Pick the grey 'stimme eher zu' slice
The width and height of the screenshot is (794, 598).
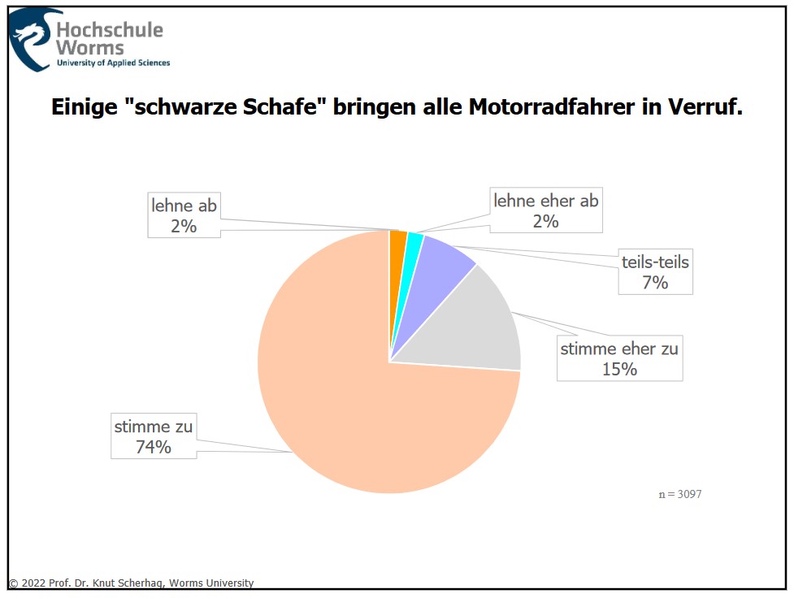pos(479,325)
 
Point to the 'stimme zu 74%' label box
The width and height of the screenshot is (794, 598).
pos(154,435)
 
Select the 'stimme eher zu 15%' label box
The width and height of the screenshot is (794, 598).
pos(619,358)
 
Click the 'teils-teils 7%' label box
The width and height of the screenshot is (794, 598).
pos(655,272)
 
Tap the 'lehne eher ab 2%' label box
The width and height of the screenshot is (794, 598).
pos(545,210)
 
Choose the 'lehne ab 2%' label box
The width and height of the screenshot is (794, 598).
pos(184,215)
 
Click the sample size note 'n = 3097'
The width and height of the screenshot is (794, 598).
pos(679,494)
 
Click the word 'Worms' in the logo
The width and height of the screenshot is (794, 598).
pos(90,49)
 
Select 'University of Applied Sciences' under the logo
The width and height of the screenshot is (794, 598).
pos(113,63)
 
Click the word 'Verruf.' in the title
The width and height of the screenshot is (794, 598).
pos(705,107)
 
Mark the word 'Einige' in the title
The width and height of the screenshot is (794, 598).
pos(81,107)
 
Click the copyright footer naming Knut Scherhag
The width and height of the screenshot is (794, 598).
pos(132,583)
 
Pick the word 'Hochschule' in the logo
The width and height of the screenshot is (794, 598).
pos(110,30)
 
